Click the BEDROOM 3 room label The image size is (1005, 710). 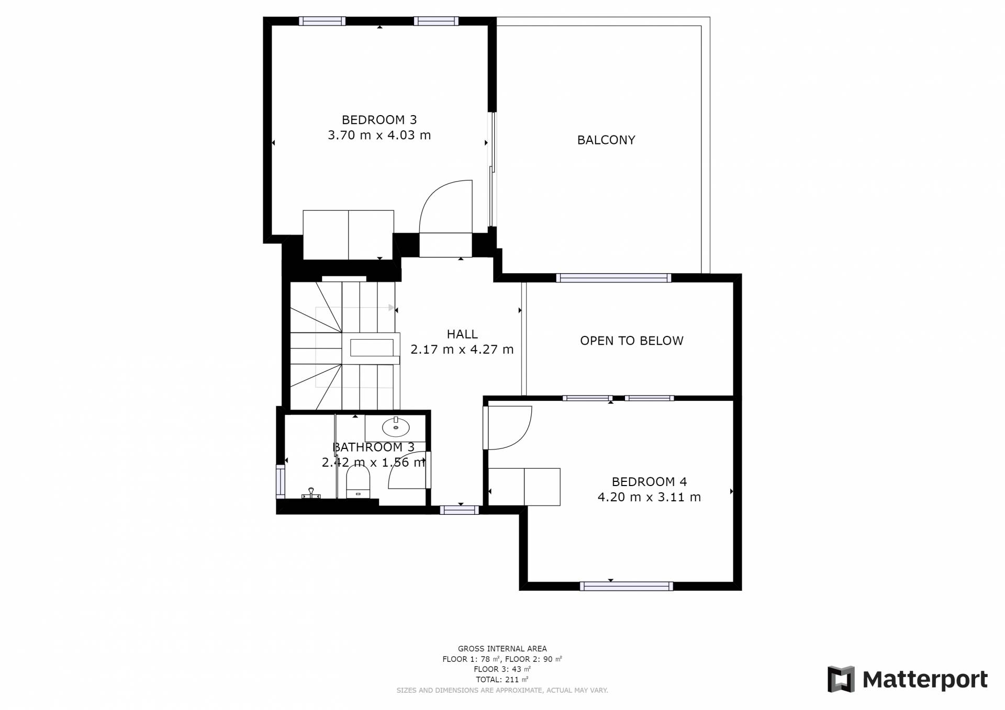click(379, 120)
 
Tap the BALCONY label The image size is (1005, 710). click(606, 140)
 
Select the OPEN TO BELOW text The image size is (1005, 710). click(632, 341)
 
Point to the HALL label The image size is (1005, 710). click(462, 334)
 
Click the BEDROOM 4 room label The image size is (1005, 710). click(649, 482)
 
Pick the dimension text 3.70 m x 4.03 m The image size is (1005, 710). click(379, 135)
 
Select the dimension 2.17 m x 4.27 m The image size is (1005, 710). click(462, 350)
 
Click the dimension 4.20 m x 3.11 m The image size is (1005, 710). click(649, 497)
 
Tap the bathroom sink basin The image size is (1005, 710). click(396, 427)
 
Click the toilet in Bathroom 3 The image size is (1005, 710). click(358, 481)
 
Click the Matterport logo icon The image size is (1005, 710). click(841, 679)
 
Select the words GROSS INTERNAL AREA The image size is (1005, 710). click(502, 649)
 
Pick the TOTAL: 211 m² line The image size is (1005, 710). click(502, 680)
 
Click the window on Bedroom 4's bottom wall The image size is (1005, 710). click(626, 587)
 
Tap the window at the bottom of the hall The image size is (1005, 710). click(459, 510)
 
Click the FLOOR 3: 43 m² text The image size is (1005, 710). click(502, 669)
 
